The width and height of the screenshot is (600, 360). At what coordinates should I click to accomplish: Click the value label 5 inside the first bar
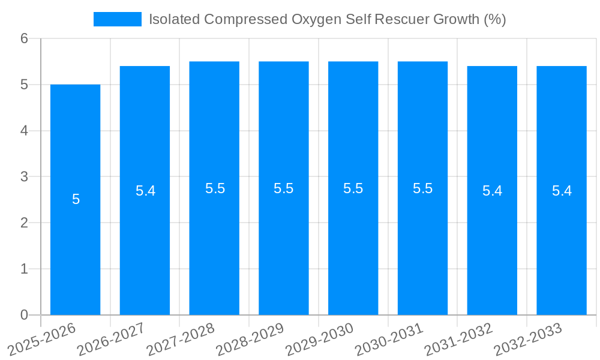click(76, 199)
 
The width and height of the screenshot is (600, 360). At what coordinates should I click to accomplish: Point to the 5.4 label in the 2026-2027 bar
click(145, 191)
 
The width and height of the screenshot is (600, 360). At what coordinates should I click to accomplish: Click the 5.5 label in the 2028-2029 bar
click(284, 188)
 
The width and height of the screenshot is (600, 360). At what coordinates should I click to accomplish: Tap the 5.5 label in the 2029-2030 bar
click(353, 188)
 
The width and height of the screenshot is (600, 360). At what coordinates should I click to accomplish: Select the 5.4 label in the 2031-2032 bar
click(492, 191)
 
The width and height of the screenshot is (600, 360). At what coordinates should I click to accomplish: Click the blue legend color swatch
click(118, 19)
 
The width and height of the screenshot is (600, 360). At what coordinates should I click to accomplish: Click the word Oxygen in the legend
click(313, 19)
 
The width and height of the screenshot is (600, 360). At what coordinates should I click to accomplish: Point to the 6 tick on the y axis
click(24, 38)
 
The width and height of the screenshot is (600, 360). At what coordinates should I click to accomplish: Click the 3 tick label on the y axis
click(24, 176)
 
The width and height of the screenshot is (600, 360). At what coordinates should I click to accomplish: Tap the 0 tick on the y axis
click(24, 315)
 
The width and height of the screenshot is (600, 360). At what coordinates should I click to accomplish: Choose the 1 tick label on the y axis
click(24, 269)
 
